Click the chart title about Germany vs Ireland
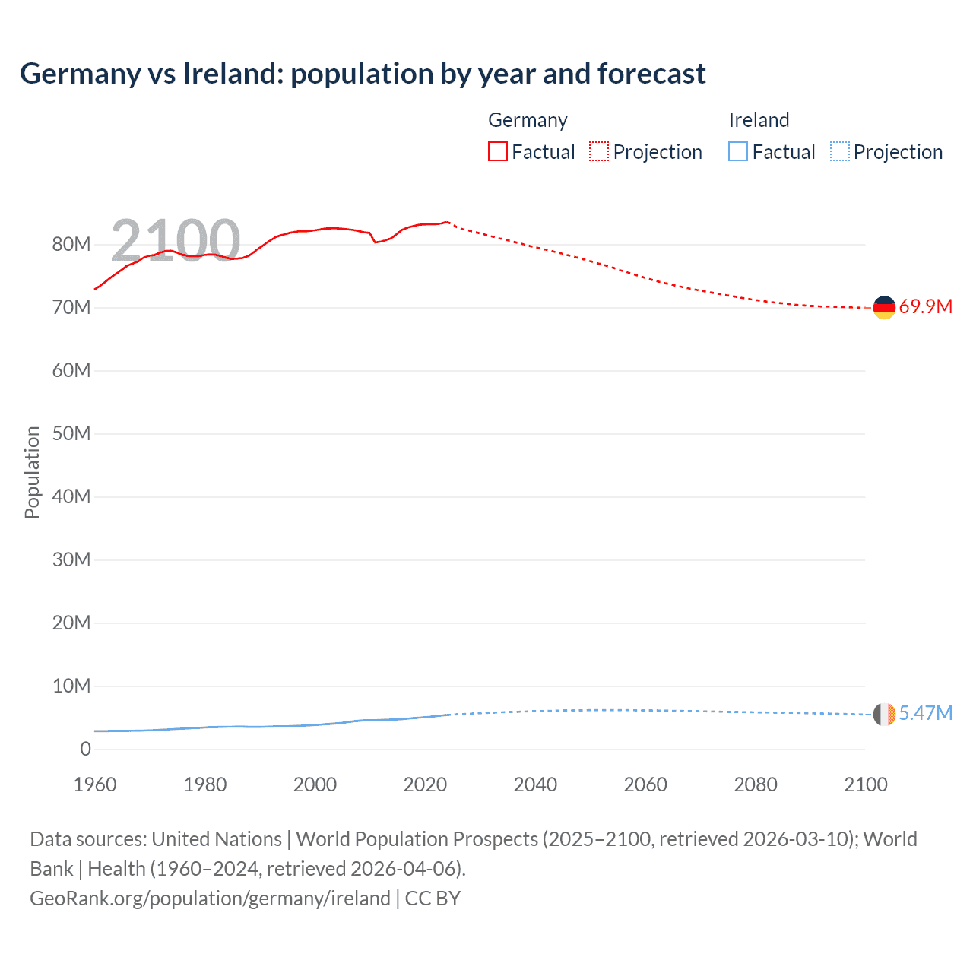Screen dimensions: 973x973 [363, 74]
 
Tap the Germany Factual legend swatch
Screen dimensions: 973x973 [497, 151]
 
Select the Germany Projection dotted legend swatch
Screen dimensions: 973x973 [599, 151]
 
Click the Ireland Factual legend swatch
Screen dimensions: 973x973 [737, 151]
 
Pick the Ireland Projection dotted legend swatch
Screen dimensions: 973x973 [840, 151]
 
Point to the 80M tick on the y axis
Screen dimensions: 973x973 [71, 244]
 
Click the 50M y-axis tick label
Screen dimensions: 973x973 [71, 433]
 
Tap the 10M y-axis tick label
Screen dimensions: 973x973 [71, 686]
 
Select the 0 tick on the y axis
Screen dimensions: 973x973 [85, 749]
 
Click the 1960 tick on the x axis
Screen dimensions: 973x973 [95, 784]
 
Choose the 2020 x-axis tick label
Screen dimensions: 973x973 [425, 784]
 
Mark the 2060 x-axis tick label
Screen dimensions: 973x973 [645, 784]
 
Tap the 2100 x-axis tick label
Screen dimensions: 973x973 [865, 784]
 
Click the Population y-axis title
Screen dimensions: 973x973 [32, 472]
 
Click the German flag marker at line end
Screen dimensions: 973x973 [884, 307]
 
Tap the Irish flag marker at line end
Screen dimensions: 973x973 [884, 714]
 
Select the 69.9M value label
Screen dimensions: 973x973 [925, 307]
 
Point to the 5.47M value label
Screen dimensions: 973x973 [925, 713]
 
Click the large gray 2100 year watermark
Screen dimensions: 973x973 [176, 240]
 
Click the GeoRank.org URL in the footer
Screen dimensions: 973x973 [210, 899]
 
